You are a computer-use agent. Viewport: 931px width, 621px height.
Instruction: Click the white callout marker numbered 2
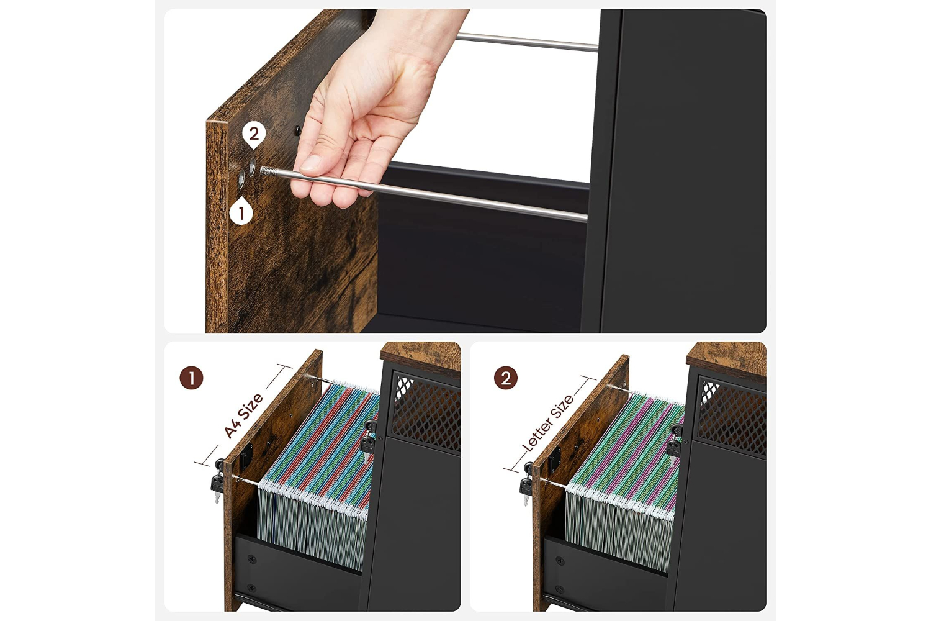254,135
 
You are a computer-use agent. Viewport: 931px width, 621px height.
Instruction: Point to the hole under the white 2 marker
252,166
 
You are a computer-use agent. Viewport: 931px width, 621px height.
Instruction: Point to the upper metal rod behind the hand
527,42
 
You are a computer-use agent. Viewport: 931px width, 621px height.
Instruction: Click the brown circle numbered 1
191,378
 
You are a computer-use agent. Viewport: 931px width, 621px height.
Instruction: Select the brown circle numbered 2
505,378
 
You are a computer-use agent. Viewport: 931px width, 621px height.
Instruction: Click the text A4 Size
243,415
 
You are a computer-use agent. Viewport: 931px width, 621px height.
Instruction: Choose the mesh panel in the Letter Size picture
732,415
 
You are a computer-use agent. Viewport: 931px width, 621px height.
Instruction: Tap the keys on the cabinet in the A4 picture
368,442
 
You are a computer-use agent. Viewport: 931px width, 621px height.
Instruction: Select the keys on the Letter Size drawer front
526,484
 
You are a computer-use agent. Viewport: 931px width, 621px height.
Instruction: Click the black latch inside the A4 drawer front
246,455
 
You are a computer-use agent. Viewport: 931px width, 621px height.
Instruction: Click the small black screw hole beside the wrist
297,130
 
